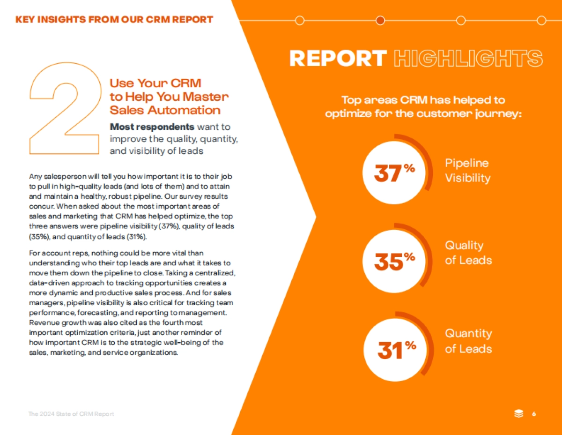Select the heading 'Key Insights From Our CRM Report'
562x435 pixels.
point(114,20)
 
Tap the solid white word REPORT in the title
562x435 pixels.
point(338,59)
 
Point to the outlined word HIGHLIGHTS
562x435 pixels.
point(468,59)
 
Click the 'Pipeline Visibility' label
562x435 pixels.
point(467,171)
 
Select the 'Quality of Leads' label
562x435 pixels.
point(468,253)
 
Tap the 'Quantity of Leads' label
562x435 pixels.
point(468,341)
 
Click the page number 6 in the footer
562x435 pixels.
point(534,413)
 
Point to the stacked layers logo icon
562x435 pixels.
point(518,413)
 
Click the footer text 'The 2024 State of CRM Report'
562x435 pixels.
point(71,414)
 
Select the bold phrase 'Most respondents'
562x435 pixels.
point(152,127)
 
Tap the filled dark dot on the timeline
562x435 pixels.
point(380,20)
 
